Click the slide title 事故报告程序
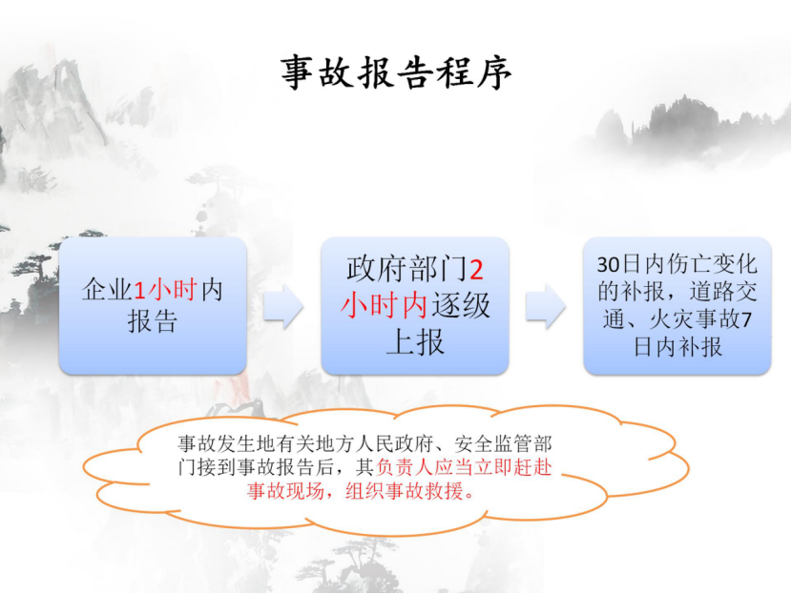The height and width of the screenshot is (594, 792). coord(396,72)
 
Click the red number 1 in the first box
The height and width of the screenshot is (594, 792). coord(139,291)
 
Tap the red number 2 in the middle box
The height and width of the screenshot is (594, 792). coord(476,270)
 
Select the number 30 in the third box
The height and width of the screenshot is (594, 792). coord(608,265)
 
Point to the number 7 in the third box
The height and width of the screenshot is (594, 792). coord(746,320)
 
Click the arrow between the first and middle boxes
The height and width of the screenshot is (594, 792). coord(283,306)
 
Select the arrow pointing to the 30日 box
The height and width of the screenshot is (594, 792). coord(546,306)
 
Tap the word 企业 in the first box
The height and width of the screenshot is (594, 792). coord(107,290)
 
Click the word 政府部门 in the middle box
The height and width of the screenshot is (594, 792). coord(407,269)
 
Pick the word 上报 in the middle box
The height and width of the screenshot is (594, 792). coord(415,341)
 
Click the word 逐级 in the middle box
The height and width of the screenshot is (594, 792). coord(461,305)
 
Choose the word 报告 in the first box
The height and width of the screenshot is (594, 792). coord(153,321)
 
